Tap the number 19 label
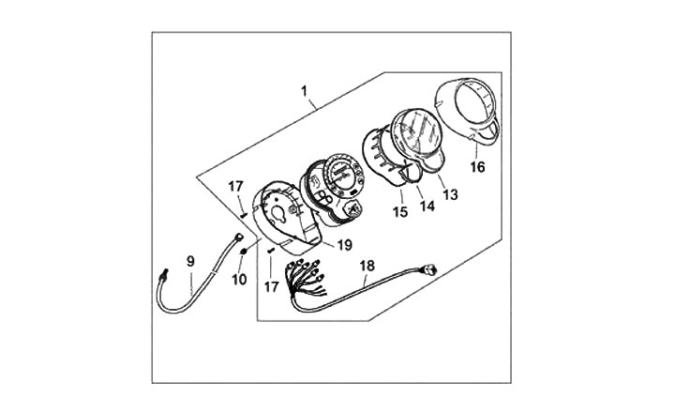pos(344,245)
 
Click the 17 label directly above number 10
pos(235,187)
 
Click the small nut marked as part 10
pos(242,251)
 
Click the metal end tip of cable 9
pos(162,274)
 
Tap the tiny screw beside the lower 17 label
pos(270,252)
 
